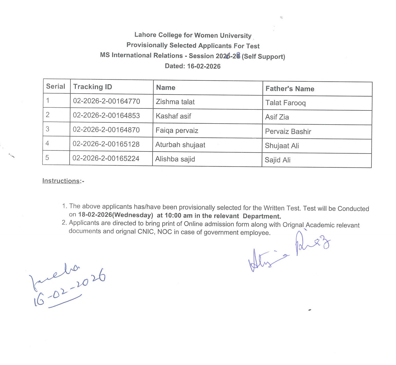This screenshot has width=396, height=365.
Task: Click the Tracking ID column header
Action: [93, 87]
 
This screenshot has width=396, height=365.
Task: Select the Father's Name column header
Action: [290, 89]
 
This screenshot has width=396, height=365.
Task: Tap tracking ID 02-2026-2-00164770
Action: [106, 101]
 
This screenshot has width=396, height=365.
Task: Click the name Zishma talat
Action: [175, 102]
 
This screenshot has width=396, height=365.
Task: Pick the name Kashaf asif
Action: [173, 116]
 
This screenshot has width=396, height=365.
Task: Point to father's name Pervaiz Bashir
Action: [288, 131]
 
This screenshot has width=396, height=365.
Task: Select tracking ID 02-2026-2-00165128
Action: [106, 144]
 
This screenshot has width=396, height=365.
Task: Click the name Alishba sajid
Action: [175, 159]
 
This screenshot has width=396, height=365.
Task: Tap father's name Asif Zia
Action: [277, 117]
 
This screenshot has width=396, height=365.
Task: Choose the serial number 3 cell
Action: [48, 129]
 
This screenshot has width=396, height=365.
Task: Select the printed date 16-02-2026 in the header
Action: [204, 66]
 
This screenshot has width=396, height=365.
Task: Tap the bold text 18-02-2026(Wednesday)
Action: [115, 215]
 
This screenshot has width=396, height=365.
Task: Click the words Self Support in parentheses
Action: [263, 56]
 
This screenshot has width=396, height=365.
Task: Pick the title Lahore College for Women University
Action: [193, 35]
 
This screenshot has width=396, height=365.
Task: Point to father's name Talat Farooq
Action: [285, 103]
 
